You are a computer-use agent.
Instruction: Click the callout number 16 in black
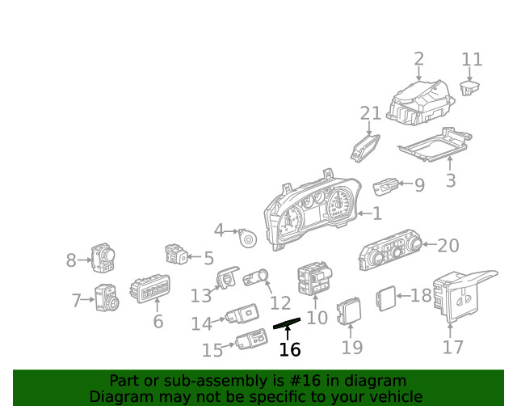coord(289,349)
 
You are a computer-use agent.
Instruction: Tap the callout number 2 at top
coord(418,58)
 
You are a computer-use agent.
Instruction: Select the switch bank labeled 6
coord(149,289)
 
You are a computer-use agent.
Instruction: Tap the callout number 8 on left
coord(71,260)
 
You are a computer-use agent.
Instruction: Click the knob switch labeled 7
coord(107,299)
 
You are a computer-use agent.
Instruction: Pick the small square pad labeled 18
coord(385,297)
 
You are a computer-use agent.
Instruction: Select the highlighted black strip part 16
coord(288,323)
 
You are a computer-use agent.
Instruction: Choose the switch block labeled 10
coord(313,280)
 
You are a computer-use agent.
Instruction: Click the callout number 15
coord(212,350)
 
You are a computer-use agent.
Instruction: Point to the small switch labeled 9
coord(386,187)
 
